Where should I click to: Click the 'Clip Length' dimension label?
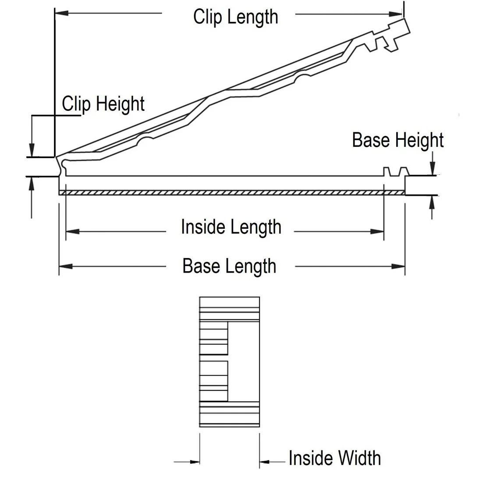tap(236, 17)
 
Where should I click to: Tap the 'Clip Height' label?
tap(103, 104)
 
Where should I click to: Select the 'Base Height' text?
tap(398, 140)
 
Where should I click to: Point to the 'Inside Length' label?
tap(231, 227)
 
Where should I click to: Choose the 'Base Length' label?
tap(229, 266)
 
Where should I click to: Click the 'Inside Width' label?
tap(334, 458)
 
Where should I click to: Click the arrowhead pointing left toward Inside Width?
tap(265, 461)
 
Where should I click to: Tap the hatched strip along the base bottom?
tap(231, 193)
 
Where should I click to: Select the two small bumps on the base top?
tap(395, 171)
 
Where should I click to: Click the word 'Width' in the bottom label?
tap(359, 458)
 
